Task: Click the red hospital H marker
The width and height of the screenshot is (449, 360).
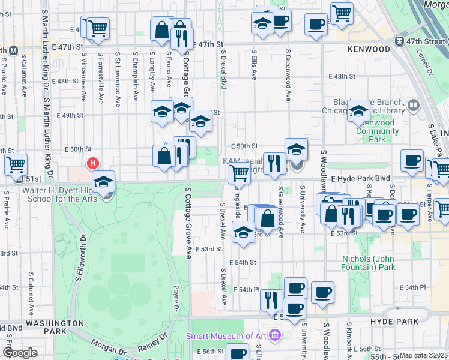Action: point(93,163)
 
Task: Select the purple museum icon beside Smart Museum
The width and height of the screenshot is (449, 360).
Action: point(276,334)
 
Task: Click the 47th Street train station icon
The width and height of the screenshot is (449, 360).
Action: point(400,41)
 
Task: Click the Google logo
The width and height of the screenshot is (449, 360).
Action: point(20,353)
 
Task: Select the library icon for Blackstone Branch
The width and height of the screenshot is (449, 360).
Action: point(413,106)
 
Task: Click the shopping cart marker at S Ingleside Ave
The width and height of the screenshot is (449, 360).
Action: point(239,173)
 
